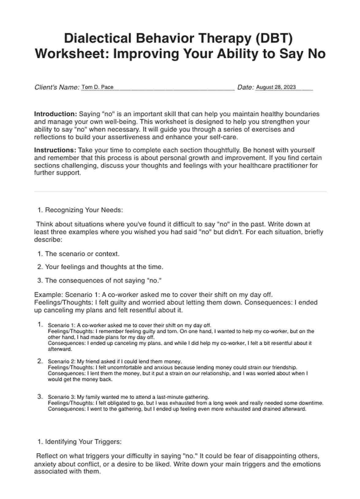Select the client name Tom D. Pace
pyautogui.click(x=97, y=87)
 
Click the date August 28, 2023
pyautogui.click(x=276, y=87)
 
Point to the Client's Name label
pyautogui.click(x=57, y=87)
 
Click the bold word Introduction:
pyautogui.click(x=55, y=114)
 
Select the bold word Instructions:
pyautogui.click(x=55, y=150)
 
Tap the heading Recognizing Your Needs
pyautogui.click(x=84, y=210)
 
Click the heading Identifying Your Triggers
pyautogui.click(x=83, y=442)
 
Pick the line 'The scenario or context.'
pyautogui.click(x=82, y=254)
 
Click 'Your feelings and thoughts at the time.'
pyautogui.click(x=104, y=267)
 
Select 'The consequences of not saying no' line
pyautogui.click(x=103, y=280)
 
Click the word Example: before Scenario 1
pyautogui.click(x=48, y=295)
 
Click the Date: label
pyautogui.click(x=246, y=87)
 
